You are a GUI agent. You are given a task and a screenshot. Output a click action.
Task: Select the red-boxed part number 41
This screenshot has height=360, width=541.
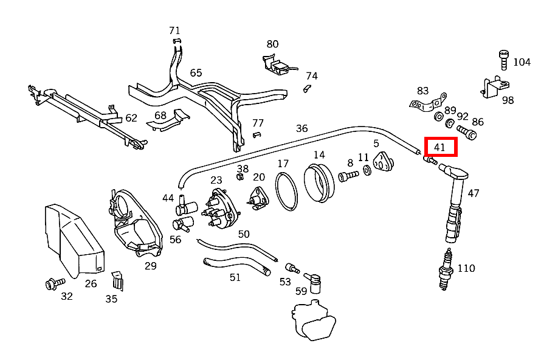click(x=439, y=147)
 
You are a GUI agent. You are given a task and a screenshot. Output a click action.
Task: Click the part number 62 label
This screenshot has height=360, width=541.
click(x=131, y=118)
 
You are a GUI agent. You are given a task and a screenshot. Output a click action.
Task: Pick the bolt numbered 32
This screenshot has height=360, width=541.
click(x=52, y=283)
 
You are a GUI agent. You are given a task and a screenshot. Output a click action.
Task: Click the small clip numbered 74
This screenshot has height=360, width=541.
click(x=308, y=89)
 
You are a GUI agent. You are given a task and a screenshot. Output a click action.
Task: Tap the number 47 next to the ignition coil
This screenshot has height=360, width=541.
click(x=474, y=193)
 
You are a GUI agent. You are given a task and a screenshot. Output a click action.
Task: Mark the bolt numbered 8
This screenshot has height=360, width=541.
click(x=347, y=177)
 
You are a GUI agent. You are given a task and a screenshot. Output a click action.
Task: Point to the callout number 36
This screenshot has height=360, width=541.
click(x=302, y=129)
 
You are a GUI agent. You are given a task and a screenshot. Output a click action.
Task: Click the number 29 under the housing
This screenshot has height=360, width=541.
click(x=150, y=266)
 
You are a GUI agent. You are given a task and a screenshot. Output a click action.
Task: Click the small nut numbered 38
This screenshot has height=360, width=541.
click(x=239, y=177)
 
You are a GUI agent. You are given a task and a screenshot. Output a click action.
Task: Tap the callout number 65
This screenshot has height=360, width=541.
click(x=196, y=73)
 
